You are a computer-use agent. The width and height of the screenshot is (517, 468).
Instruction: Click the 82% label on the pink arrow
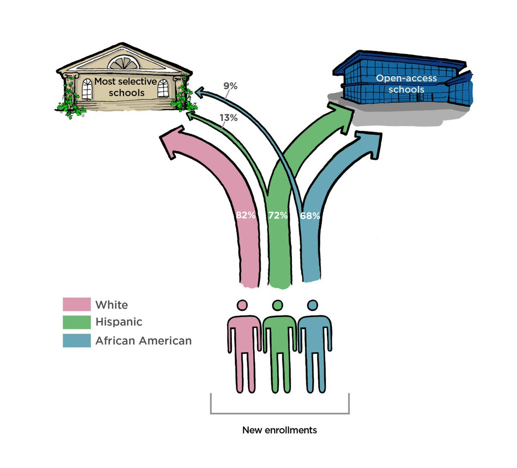coord(245,215)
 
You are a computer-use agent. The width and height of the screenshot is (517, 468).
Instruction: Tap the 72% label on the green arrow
coord(278,215)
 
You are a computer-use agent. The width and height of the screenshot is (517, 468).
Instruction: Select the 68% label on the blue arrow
coord(310,216)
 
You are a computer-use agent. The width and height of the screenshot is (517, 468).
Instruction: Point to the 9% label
coord(230,86)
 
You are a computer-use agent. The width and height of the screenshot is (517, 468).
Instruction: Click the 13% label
coord(228,118)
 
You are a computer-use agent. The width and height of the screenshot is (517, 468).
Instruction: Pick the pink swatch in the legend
coord(77,304)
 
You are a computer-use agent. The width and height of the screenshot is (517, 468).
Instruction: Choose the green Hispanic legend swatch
coord(77,322)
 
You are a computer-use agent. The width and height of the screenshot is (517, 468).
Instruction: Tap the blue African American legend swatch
coord(77,341)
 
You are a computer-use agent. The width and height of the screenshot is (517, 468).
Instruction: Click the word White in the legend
coord(112,305)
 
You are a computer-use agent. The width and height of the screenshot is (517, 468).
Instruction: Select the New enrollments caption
coord(280,430)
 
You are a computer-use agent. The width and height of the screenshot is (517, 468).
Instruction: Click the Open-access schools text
coord(406,84)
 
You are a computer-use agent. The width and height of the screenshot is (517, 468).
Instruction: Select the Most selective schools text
coord(126,87)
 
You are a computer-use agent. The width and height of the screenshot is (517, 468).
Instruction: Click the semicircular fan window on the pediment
coord(124,63)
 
